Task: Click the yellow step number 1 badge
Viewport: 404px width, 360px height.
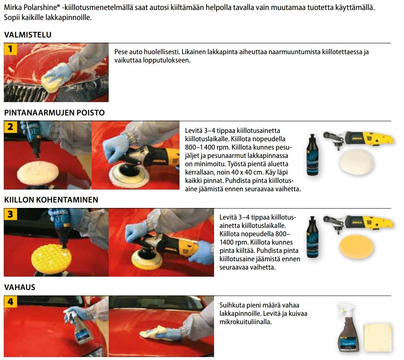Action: [x=10, y=49]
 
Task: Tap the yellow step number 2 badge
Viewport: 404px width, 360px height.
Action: [x=10, y=127]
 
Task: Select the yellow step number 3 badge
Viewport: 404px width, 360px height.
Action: [x=10, y=214]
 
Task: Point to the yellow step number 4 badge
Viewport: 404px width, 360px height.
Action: [x=10, y=302]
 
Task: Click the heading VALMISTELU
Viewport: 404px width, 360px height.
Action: [x=28, y=35]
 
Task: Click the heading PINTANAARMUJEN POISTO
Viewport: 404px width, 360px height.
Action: [x=55, y=112]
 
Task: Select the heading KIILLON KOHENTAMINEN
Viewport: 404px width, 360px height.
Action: [x=51, y=200]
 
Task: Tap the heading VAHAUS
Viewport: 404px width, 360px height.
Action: [x=20, y=287]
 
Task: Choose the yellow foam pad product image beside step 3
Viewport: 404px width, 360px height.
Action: [x=357, y=246]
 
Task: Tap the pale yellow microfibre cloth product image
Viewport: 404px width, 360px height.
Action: [x=378, y=337]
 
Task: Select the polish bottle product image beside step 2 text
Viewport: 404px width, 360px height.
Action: [x=312, y=155]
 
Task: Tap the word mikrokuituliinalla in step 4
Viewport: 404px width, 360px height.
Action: [x=246, y=322]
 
